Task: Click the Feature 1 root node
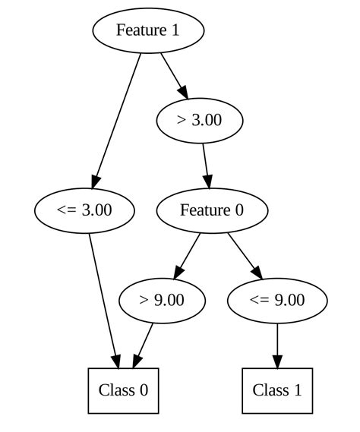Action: (x=148, y=30)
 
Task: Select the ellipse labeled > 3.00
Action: (x=199, y=120)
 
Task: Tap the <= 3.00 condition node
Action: (x=84, y=210)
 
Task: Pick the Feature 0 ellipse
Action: (x=212, y=210)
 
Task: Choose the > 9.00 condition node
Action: (x=162, y=300)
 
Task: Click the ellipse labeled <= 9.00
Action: (x=277, y=300)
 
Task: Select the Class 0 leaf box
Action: (x=123, y=390)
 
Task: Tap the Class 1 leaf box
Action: (x=277, y=390)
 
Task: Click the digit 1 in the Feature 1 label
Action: (x=176, y=30)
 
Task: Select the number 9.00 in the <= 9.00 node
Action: (x=288, y=300)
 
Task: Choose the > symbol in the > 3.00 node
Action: (x=181, y=120)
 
